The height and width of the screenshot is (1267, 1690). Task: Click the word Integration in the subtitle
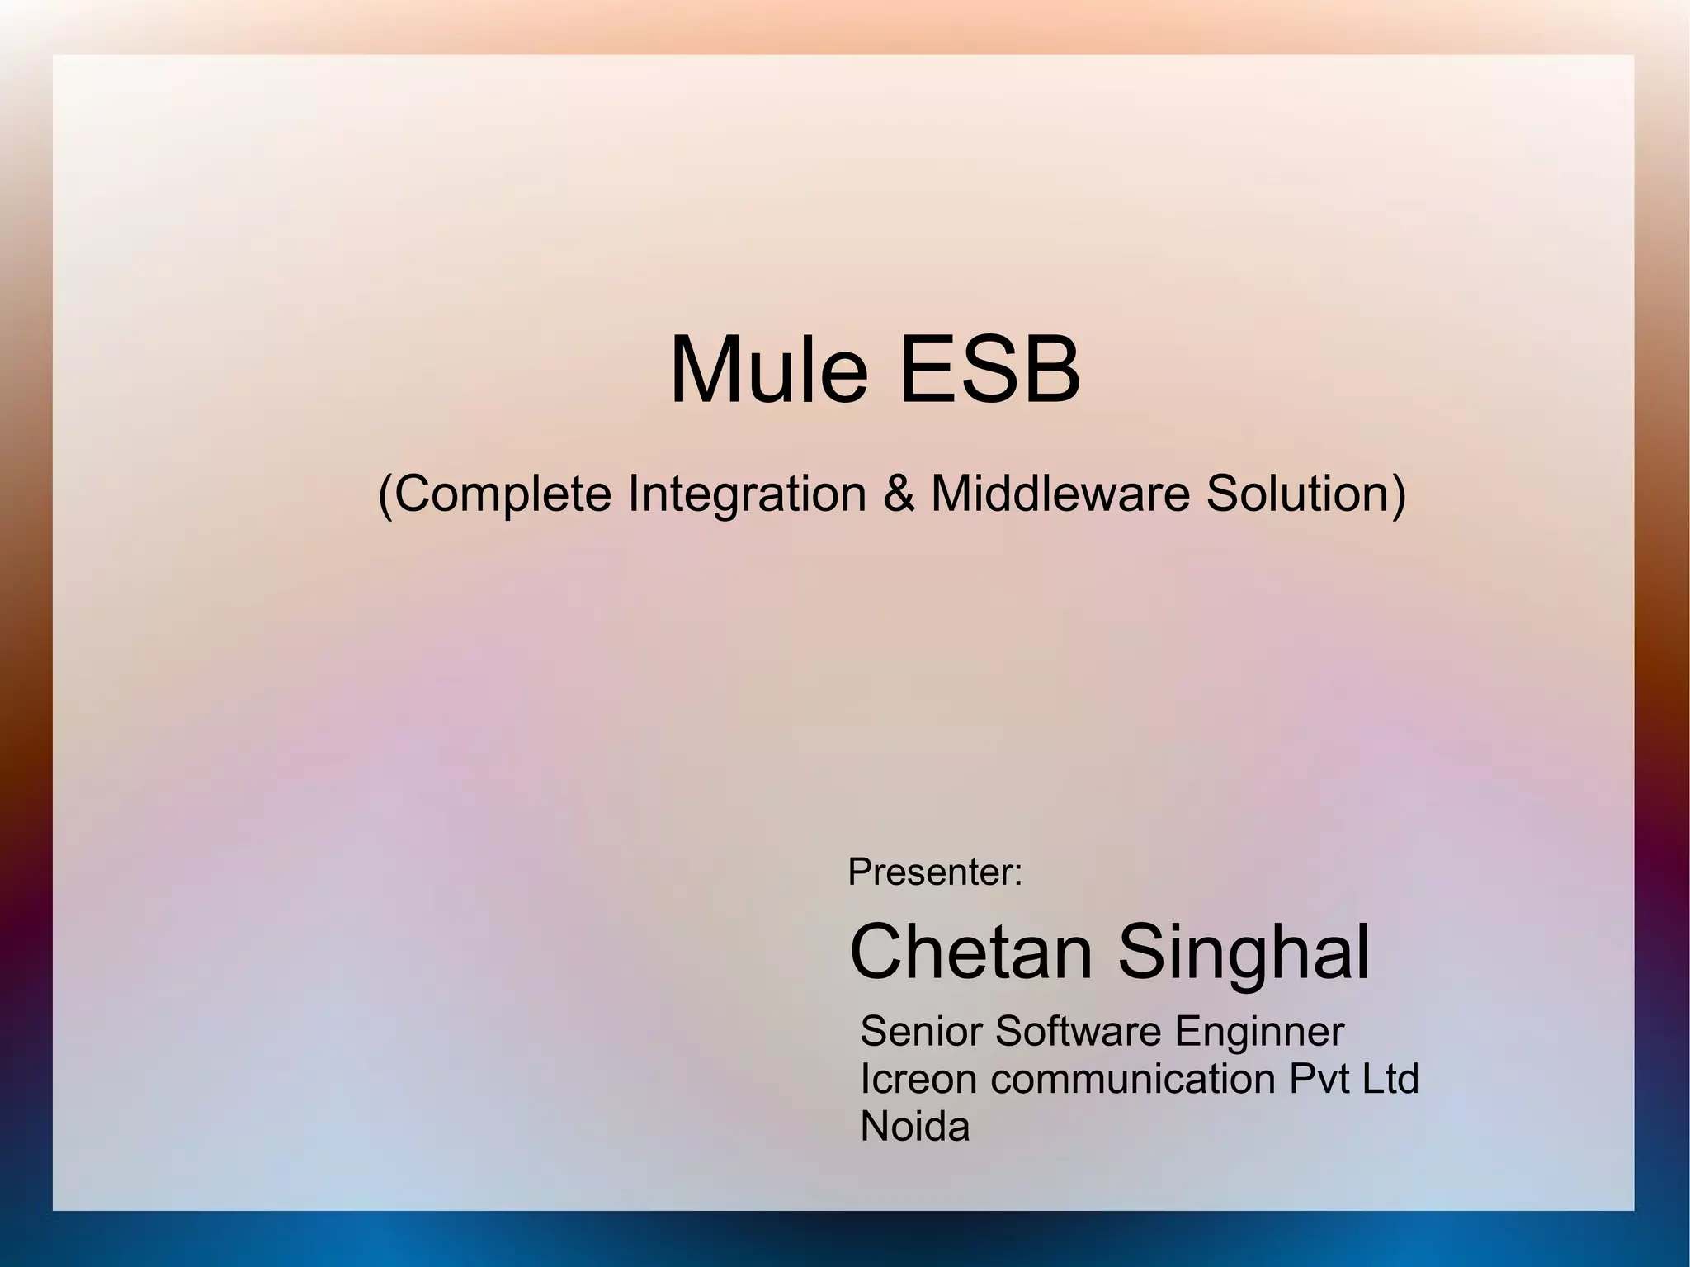(x=747, y=494)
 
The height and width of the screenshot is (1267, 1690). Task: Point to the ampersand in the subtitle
(x=899, y=494)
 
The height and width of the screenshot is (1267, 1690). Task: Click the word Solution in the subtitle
(x=1296, y=494)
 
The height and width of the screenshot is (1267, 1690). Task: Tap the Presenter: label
(x=934, y=872)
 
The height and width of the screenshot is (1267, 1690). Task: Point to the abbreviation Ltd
(x=1391, y=1079)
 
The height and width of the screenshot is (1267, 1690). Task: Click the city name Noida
(x=914, y=1127)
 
